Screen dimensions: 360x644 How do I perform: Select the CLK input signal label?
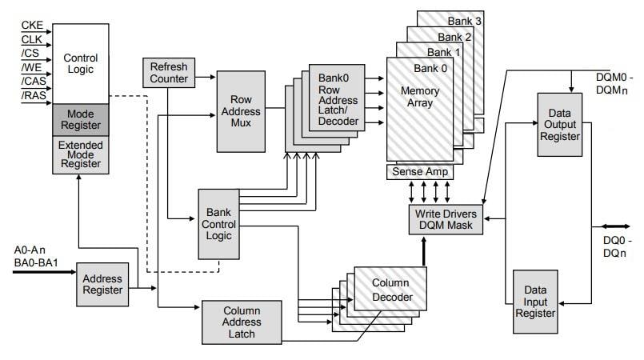(x=30, y=39)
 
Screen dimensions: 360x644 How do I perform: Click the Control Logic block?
(x=79, y=63)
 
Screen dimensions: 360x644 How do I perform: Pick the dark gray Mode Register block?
(x=79, y=119)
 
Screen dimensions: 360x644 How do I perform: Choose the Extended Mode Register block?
(x=79, y=154)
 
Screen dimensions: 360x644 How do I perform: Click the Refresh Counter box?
(x=168, y=73)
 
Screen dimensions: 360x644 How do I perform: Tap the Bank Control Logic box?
(x=218, y=224)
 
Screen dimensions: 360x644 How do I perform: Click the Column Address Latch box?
(x=242, y=322)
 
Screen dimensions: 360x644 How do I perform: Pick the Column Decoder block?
(x=390, y=290)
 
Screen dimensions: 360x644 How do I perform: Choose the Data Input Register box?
(x=534, y=302)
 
